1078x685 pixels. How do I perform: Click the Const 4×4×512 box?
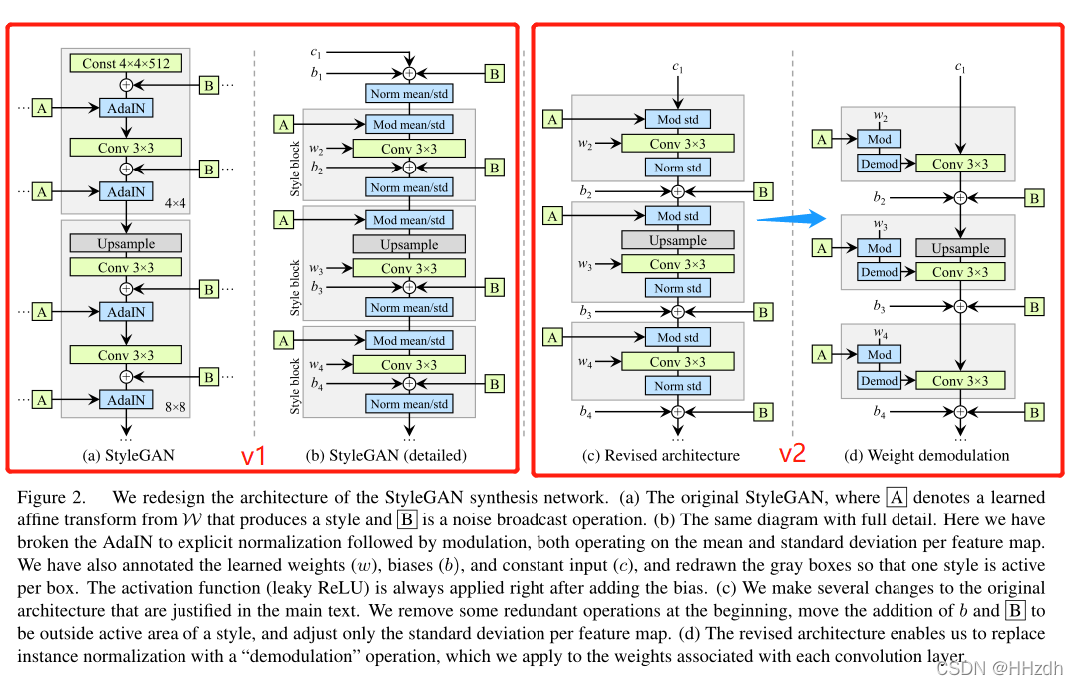coord(126,63)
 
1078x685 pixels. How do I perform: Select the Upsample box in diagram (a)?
coord(126,243)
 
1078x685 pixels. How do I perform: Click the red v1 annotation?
coord(254,455)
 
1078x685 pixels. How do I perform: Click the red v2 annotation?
coord(792,453)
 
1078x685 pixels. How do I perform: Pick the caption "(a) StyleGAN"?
coord(128,455)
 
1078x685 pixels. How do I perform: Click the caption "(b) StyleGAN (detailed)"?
coord(386,455)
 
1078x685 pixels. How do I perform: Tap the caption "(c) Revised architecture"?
coord(661,455)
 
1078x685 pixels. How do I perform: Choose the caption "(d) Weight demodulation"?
coord(926,455)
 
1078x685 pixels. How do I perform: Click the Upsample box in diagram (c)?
coord(678,240)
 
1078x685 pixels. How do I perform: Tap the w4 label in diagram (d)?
coord(880,333)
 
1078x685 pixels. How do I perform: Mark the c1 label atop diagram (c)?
coord(678,67)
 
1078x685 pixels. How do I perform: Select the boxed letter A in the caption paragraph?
coord(897,497)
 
